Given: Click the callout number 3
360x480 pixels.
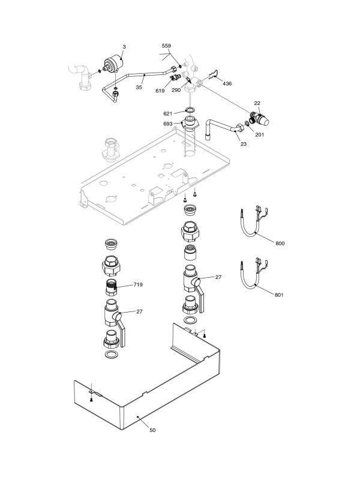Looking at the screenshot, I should pos(124,46).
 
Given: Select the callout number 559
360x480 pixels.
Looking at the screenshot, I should pos(166,46).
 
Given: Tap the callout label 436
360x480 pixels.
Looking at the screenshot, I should pos(227,83).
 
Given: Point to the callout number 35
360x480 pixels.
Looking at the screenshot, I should pos(139,88).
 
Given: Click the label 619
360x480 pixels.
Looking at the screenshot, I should pos(160,90).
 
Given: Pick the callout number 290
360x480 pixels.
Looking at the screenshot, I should pos(176,90).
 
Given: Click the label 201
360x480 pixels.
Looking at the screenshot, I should pos(259,135).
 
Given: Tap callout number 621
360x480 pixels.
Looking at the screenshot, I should pos(168,113).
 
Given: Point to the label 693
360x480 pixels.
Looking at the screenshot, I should pos(168,124).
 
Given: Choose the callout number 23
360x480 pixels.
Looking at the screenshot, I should pos(243,144).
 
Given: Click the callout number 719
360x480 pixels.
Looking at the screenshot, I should pos(138,284).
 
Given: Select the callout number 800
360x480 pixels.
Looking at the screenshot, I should pos(280,243).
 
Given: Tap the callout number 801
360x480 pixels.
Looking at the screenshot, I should pos(280,295).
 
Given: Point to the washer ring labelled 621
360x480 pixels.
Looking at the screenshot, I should pos(190,110).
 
